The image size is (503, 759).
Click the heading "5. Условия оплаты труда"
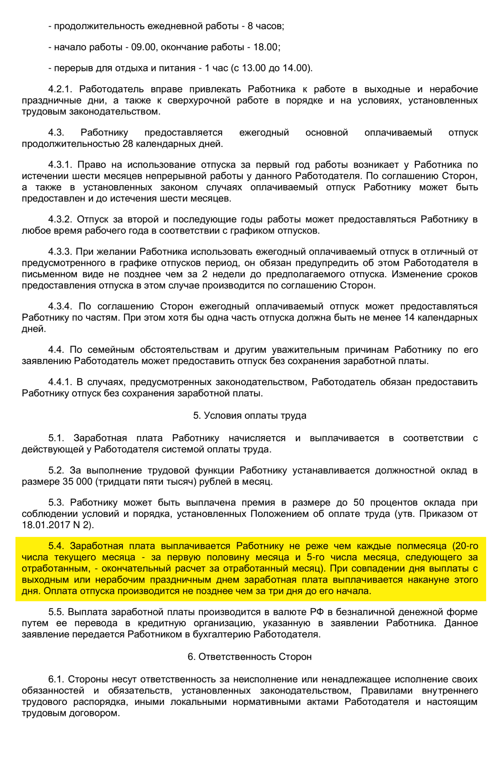coord(250,416)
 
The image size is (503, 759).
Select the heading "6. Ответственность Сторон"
coord(250,657)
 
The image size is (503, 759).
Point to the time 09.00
coord(143,47)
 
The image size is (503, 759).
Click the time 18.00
coord(265,47)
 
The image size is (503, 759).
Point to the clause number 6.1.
coord(56,679)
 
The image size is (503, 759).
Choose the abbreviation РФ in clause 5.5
coord(317,612)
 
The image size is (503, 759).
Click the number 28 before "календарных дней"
coord(128,144)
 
